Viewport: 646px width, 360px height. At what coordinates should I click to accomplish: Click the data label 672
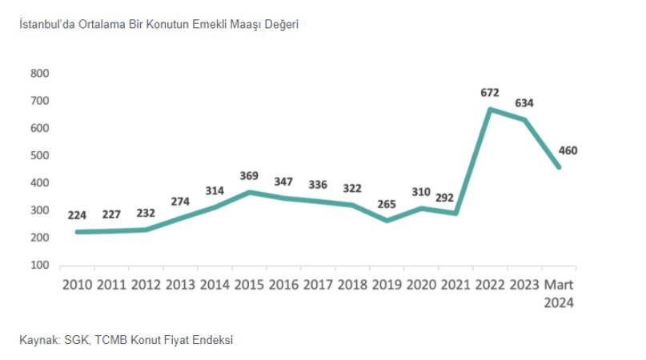tap(490, 93)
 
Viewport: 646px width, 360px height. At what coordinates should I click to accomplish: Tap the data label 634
tap(524, 103)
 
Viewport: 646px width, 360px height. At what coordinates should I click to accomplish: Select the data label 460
tap(568, 150)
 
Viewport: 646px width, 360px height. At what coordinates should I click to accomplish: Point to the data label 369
tap(250, 176)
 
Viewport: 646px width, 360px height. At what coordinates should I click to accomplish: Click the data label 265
tap(387, 204)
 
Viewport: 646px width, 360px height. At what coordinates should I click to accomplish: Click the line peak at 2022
tap(490, 109)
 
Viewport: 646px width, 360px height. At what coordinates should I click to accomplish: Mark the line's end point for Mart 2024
tap(559, 167)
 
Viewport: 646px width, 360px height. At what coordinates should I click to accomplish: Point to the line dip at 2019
tap(387, 220)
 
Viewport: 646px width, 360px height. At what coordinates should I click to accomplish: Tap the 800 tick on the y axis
tap(40, 74)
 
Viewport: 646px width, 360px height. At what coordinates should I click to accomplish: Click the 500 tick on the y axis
tap(40, 156)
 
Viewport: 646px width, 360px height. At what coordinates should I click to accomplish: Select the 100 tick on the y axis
tap(40, 266)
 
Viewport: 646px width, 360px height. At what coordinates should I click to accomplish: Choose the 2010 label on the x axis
tap(77, 286)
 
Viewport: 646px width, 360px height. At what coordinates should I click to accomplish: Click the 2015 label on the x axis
tap(250, 286)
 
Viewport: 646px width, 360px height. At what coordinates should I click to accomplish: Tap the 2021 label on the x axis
tap(456, 286)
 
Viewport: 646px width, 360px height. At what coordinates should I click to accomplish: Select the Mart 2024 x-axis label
tap(559, 294)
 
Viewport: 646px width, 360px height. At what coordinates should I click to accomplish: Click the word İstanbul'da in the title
tap(47, 25)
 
